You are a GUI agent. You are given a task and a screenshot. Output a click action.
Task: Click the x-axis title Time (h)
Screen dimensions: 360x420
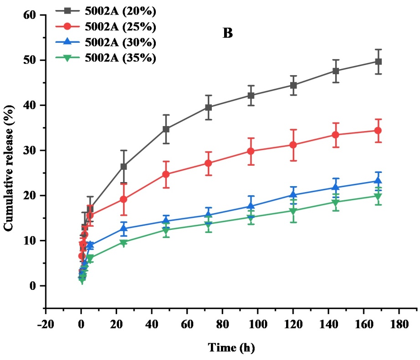pyautogui.click(x=231, y=348)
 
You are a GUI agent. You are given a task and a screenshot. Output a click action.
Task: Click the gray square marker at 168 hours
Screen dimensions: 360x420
pyautogui.click(x=378, y=61)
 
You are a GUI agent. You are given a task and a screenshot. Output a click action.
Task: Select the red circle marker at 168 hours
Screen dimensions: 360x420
pyautogui.click(x=378, y=131)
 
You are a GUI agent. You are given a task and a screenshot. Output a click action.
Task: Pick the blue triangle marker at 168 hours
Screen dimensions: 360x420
pyautogui.click(x=378, y=181)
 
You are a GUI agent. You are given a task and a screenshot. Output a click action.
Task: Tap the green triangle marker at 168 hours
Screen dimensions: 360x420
pyautogui.click(x=378, y=196)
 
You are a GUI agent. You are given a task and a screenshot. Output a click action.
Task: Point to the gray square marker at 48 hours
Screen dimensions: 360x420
pyautogui.click(x=166, y=129)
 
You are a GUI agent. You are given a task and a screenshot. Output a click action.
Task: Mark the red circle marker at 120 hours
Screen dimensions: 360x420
pyautogui.click(x=293, y=145)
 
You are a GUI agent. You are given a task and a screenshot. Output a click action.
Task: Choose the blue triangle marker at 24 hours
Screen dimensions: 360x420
pyautogui.click(x=123, y=228)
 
